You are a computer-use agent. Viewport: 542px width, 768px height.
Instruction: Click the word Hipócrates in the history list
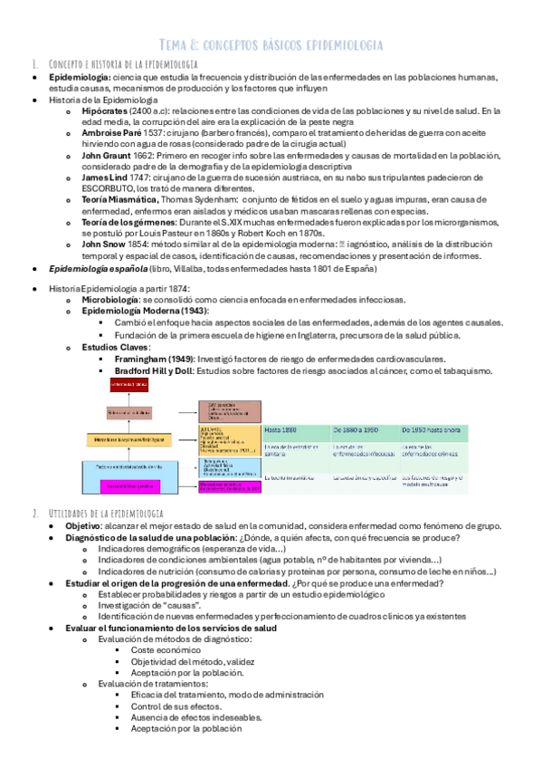[x=105, y=110]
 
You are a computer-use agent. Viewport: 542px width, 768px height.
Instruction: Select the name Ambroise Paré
[x=110, y=132]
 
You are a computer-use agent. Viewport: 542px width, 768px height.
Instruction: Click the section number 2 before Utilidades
[x=33, y=513]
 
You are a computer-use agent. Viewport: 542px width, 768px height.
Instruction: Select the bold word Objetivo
[x=83, y=525]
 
